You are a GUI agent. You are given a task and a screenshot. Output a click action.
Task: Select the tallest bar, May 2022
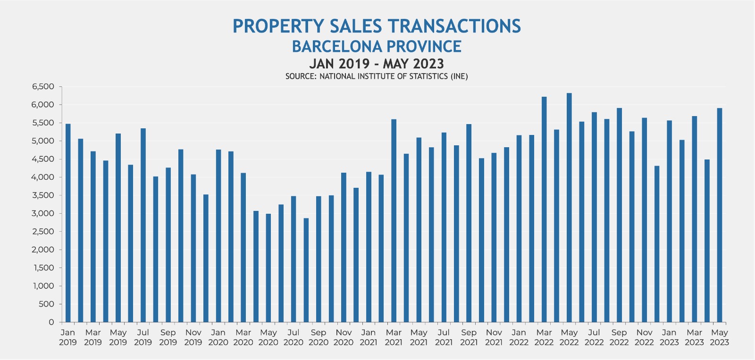coord(569,208)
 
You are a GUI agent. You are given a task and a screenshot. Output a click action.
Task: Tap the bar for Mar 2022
coord(544,209)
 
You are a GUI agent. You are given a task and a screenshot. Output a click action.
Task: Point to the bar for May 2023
coord(720,215)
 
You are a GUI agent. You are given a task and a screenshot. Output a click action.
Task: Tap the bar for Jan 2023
coord(669,221)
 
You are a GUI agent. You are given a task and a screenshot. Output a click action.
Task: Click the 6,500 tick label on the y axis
coord(43,87)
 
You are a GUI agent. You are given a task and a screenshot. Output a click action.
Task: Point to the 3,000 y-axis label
coord(43,213)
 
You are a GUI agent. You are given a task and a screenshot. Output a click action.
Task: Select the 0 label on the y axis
coord(51,322)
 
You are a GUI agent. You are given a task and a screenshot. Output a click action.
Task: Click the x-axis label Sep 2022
coord(619,337)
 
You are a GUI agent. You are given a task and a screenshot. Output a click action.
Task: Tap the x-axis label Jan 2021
coord(369,337)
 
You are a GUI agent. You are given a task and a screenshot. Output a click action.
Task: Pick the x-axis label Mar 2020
coord(243,337)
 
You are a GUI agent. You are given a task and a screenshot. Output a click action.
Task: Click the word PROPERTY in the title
coord(278,26)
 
